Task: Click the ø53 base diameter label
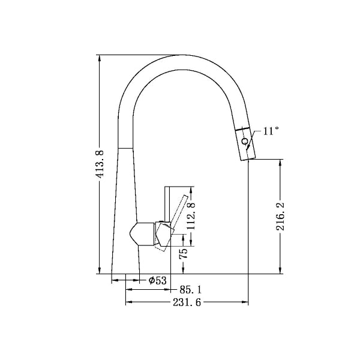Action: pos(157,280)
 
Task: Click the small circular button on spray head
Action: pos(244,142)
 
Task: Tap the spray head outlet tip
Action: pos(246,158)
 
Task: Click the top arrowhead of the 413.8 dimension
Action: pos(100,58)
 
